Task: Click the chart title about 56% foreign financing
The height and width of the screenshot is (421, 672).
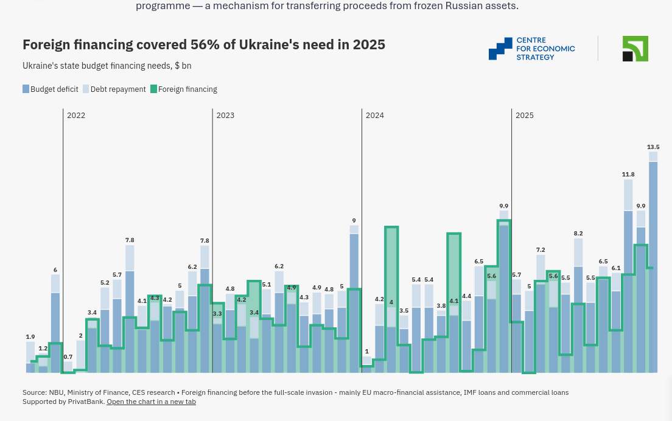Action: (x=204, y=44)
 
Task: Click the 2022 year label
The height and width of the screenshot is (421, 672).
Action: (x=76, y=116)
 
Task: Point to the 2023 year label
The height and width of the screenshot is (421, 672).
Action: (x=225, y=116)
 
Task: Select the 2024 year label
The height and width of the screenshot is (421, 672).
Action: (x=374, y=116)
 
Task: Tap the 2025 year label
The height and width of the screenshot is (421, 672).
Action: (x=524, y=116)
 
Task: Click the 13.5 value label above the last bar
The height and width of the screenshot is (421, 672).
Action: (x=653, y=147)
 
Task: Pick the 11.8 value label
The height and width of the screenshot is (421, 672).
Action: (x=628, y=175)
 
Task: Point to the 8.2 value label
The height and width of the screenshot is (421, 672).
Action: (x=578, y=234)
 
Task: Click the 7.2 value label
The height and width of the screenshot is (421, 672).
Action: (x=541, y=250)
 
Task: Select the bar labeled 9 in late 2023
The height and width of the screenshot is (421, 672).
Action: (x=354, y=298)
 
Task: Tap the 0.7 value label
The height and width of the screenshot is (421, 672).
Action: (x=68, y=357)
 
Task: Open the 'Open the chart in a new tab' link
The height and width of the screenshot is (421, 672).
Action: (x=151, y=402)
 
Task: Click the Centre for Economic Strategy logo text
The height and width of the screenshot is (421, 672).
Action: (x=545, y=49)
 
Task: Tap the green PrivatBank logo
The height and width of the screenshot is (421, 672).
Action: (x=635, y=49)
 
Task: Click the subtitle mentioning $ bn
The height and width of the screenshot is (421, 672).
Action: (x=107, y=66)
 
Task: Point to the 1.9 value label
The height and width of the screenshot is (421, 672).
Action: (x=30, y=337)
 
